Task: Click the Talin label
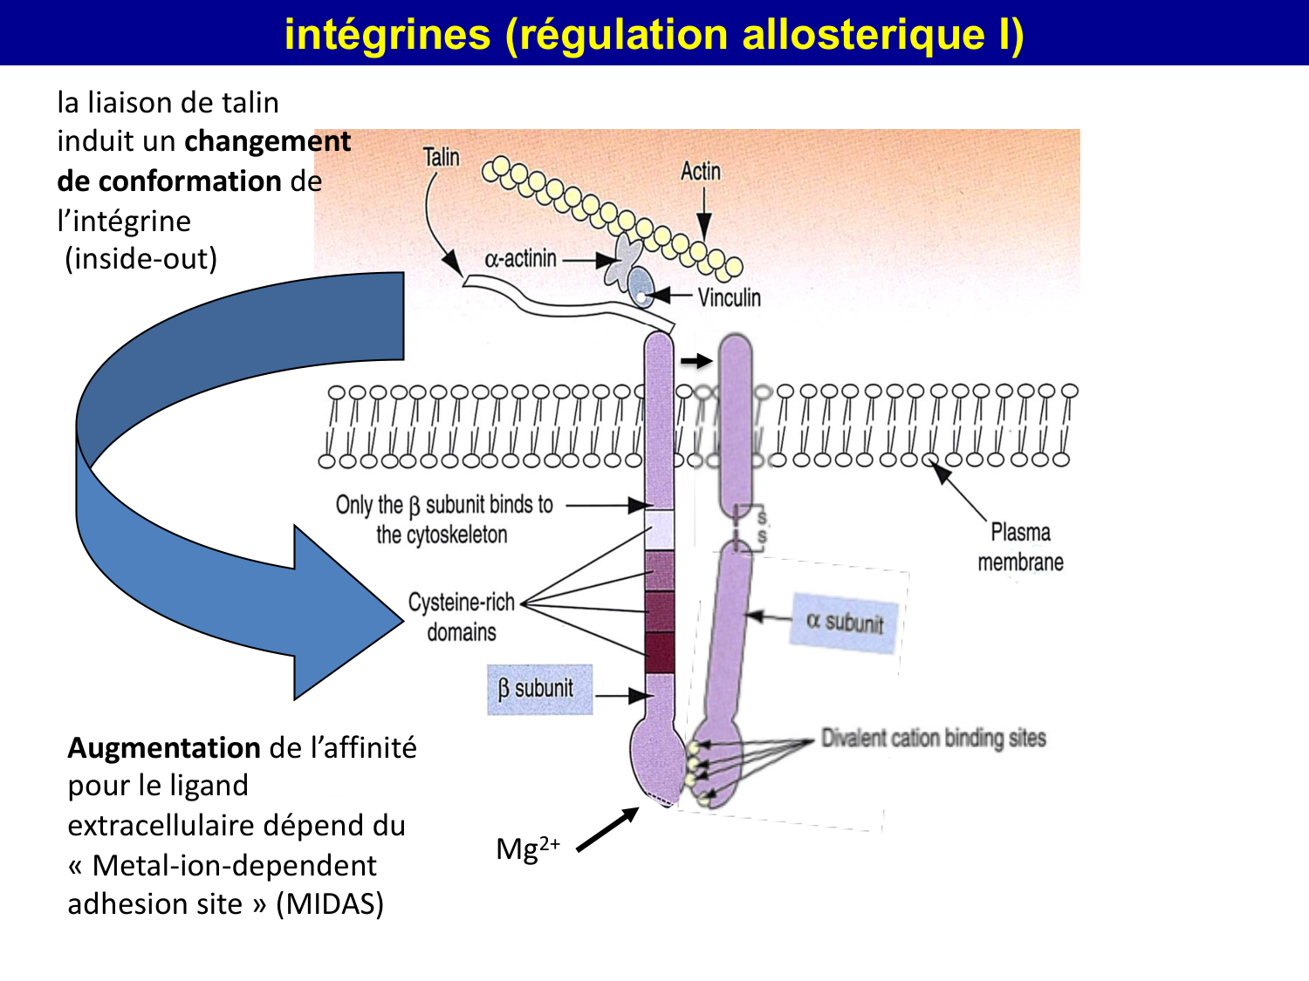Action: [x=441, y=157]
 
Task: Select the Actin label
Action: [x=701, y=171]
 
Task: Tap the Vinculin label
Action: [x=729, y=298]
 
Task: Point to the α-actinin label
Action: [x=520, y=259]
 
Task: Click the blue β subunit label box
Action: [x=539, y=690]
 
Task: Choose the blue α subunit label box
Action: [x=845, y=622]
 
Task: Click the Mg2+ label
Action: [x=527, y=848]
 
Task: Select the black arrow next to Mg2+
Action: [x=607, y=829]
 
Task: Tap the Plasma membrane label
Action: [x=1019, y=548]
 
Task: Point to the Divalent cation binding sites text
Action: [x=933, y=739]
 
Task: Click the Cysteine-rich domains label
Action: [x=462, y=617]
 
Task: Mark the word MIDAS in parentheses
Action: [x=330, y=904]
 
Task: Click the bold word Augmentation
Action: [x=164, y=748]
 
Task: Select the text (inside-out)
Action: [x=140, y=259]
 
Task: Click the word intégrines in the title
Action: [x=387, y=35]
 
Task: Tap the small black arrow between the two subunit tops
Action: [x=696, y=361]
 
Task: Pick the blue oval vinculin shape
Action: [x=641, y=286]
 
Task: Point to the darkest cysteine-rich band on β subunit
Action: [x=659, y=651]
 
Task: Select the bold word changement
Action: [x=267, y=141]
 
